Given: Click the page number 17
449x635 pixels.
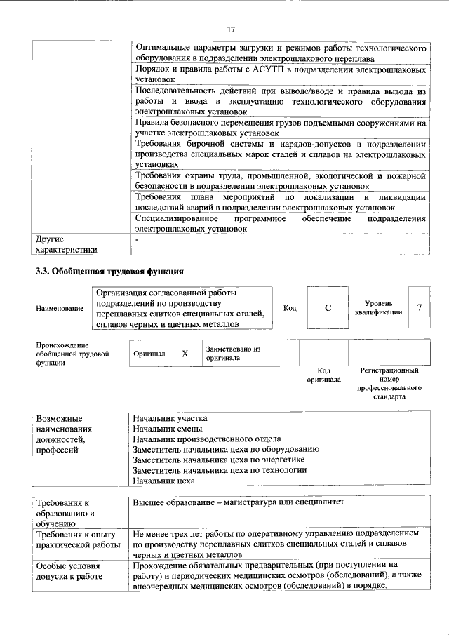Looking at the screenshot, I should (230, 29).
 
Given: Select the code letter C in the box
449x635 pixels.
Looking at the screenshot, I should (327, 308).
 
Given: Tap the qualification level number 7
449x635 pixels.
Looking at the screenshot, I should (420, 307).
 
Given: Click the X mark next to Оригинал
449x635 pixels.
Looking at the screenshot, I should (185, 354).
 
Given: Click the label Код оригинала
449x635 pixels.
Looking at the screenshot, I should (323, 375).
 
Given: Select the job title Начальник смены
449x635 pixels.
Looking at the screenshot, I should (168, 428).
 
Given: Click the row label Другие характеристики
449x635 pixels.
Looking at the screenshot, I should (67, 244).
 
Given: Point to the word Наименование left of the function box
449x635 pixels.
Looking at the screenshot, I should (60, 309).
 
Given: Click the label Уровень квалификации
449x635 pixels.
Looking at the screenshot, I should (379, 307).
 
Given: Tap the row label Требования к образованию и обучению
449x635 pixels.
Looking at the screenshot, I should (65, 512).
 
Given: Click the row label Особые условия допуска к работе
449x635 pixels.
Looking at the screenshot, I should (69, 570).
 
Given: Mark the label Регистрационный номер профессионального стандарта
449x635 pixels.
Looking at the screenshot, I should (389, 383).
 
